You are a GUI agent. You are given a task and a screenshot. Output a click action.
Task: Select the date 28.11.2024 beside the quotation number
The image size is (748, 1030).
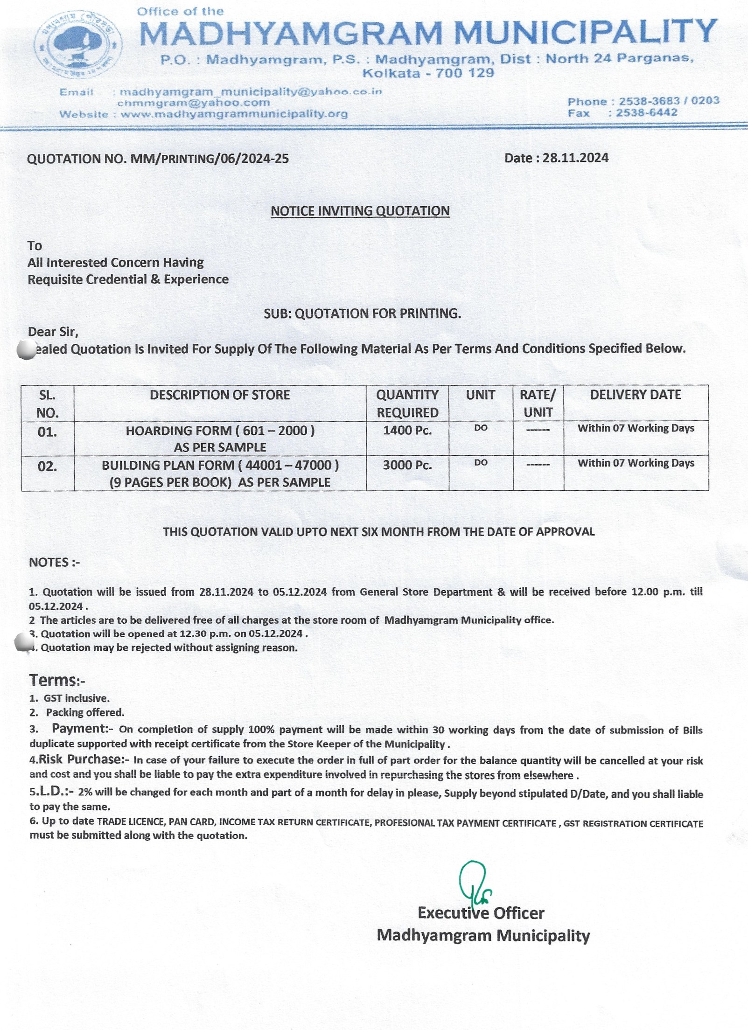click(575, 158)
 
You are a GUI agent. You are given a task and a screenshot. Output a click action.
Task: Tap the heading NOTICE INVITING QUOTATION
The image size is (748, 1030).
click(360, 211)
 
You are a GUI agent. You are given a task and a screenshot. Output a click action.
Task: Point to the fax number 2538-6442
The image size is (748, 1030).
click(646, 113)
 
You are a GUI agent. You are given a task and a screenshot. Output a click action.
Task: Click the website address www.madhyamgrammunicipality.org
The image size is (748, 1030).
click(234, 114)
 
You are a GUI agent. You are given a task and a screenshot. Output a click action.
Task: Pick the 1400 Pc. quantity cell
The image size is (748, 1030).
click(407, 431)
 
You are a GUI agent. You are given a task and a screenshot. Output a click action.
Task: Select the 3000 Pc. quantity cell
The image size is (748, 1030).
click(407, 466)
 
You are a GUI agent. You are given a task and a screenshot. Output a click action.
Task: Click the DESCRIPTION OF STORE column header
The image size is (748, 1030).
click(220, 395)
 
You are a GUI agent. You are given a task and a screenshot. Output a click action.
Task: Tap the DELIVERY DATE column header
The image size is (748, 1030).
click(636, 395)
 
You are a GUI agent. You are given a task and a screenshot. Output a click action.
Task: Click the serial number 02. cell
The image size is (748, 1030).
click(48, 466)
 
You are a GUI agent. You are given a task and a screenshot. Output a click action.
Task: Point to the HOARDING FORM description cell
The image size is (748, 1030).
click(220, 438)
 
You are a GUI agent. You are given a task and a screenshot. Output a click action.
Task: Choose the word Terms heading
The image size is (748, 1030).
click(53, 680)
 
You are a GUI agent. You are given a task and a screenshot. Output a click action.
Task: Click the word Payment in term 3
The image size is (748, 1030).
click(79, 728)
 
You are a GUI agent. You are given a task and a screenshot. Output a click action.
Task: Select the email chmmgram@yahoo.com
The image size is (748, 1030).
click(194, 103)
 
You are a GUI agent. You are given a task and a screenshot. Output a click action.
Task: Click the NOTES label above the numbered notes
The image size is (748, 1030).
click(54, 563)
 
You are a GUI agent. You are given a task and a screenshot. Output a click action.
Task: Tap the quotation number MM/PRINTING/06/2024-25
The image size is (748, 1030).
click(210, 159)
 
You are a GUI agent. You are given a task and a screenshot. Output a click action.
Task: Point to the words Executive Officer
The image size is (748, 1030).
click(481, 913)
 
